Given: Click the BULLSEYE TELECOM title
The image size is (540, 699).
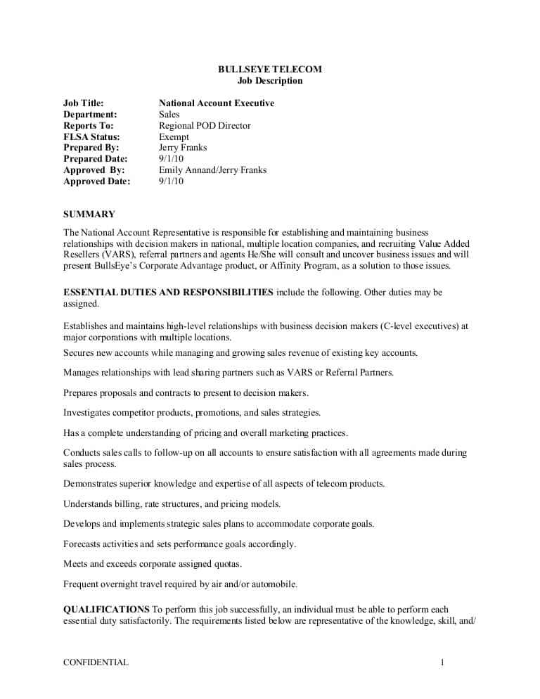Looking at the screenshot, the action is click(269, 69).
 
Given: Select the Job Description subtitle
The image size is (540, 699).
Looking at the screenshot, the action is click(269, 80).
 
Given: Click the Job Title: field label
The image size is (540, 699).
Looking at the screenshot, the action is click(84, 103).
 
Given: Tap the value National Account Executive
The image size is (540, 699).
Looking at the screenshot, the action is click(216, 103).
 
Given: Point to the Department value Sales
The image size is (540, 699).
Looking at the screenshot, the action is click(169, 115).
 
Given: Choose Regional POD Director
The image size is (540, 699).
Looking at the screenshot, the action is click(205, 126).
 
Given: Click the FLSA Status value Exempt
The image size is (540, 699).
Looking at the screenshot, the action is click(174, 137).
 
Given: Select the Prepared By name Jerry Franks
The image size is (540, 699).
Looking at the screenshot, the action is click(183, 148).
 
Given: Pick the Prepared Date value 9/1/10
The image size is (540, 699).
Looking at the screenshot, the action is click(171, 159).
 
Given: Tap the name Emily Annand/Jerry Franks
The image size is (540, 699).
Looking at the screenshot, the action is click(212, 170).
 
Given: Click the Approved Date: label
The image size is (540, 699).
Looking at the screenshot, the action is click(96, 181).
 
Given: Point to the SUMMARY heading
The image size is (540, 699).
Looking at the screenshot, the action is click(89, 214).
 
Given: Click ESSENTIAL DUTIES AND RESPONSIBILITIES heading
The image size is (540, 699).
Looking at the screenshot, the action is click(168, 293).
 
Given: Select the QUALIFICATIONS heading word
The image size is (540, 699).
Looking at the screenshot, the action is click(106, 609).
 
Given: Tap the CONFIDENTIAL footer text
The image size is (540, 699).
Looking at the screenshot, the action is click(96, 662).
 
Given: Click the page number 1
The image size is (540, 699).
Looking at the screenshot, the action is click(442, 662).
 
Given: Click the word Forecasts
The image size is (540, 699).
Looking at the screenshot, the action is click(83, 544).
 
